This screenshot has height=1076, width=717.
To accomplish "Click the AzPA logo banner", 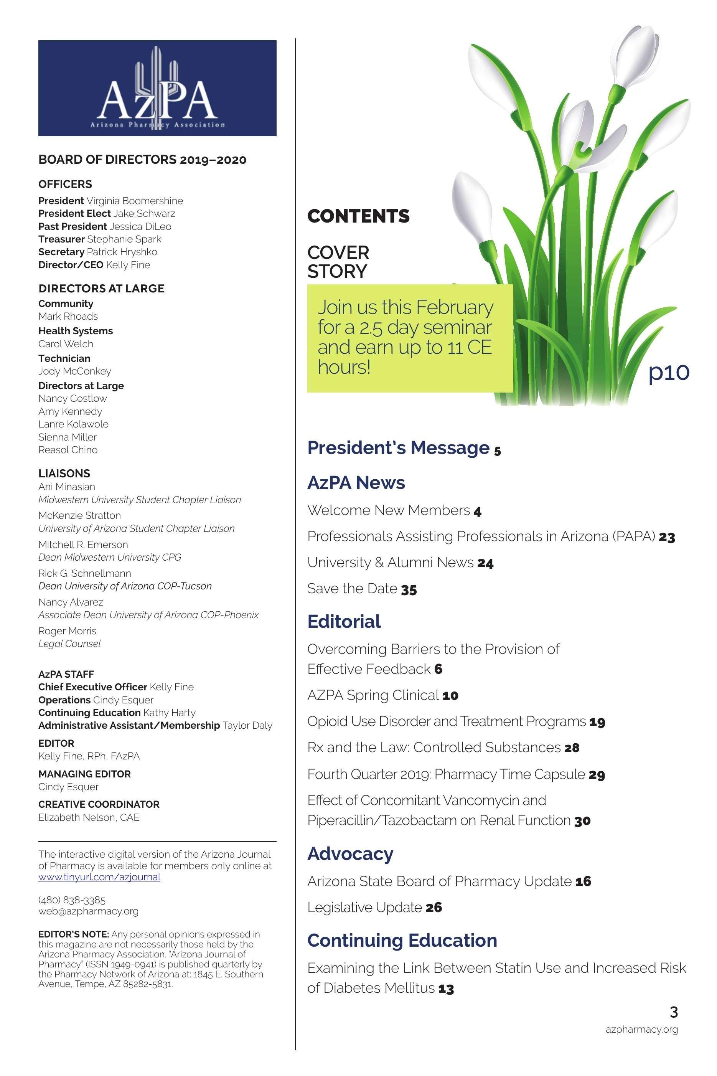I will coord(157,88).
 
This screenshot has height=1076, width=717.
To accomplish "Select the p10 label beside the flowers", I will coord(669,372).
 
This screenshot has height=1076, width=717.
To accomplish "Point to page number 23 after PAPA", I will coord(667,537).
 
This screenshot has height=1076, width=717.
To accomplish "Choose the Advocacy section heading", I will coord(350,854).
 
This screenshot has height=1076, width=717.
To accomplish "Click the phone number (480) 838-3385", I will coord(72,900).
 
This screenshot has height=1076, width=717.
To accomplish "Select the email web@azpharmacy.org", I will coord(88,911).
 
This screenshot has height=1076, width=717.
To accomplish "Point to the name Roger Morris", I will coord(67,631).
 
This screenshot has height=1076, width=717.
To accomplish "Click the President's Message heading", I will coord(398,448).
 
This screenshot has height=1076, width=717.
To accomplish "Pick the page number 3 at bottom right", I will coord(674,1012).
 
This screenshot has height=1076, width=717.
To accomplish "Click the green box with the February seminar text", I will coord(409,338).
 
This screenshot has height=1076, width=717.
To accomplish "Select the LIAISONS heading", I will coord(64,473).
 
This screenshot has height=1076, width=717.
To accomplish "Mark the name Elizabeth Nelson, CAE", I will coord(89,817).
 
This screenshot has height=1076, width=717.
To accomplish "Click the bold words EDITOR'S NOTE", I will coord(73,934).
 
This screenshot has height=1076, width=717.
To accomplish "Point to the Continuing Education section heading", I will coord(402,940).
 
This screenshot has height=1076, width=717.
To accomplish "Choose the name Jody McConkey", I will coord(74,371).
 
